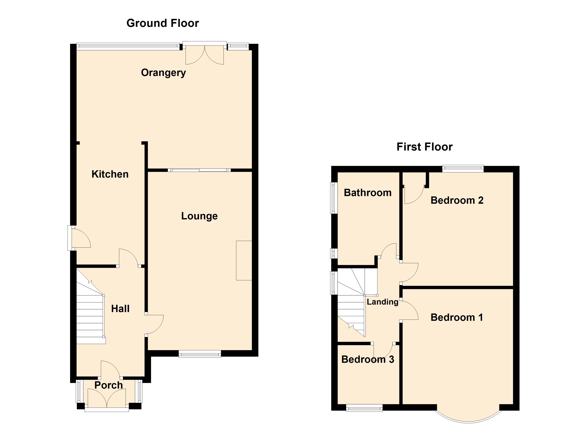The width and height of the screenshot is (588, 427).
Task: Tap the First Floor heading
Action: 424,147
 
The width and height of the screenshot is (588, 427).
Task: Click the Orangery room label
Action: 163,73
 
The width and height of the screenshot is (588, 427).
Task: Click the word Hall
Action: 120,309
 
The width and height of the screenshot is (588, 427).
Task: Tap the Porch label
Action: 108,385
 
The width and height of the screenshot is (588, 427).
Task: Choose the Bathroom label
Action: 367,193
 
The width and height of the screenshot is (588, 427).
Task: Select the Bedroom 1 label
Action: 457,317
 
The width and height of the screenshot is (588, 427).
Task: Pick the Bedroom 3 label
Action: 367,359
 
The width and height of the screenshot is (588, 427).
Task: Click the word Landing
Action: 382,302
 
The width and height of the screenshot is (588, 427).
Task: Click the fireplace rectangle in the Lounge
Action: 244,260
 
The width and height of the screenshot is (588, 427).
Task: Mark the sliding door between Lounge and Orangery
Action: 199,170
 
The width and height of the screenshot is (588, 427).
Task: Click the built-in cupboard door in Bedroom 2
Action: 414,194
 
